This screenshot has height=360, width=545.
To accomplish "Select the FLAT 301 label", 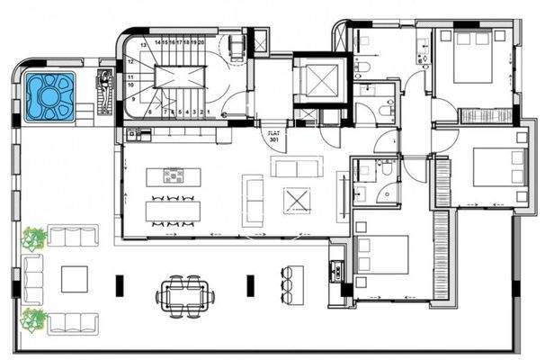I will pos(273,137).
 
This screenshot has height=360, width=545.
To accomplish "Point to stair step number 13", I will pos(131,50).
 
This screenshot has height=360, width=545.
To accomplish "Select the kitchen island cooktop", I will pos(173,175).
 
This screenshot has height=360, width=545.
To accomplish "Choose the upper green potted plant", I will pos(36,238).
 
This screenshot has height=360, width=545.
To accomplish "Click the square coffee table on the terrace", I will pos(74,279).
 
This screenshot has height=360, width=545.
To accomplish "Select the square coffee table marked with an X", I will pos(296,198).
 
